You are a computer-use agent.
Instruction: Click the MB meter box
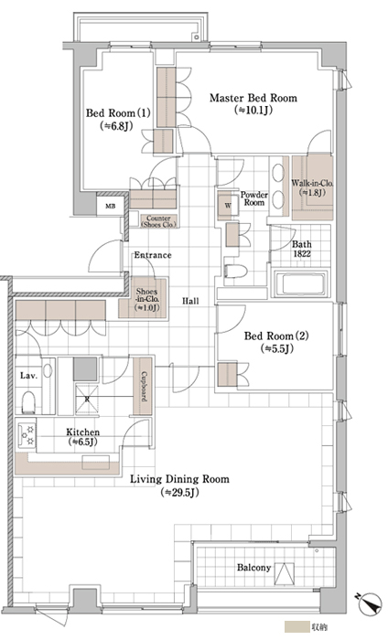[111, 206]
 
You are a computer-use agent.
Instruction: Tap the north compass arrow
[371, 604]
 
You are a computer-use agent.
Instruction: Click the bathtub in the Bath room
[301, 283]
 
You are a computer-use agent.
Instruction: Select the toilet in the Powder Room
[236, 271]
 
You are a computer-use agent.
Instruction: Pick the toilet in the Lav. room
[28, 402]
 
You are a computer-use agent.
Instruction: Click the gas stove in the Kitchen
[27, 435]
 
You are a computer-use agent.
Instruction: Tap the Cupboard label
[144, 386]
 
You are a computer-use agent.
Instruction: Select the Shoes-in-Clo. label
[147, 300]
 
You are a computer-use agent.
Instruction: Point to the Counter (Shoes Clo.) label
[158, 221]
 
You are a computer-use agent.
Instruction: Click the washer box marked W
[228, 206]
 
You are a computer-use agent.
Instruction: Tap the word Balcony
[253, 568]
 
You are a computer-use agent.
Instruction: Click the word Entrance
[153, 255]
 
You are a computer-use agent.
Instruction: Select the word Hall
[190, 301]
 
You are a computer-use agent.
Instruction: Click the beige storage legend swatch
[296, 627]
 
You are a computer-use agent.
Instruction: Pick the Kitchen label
[83, 432]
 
